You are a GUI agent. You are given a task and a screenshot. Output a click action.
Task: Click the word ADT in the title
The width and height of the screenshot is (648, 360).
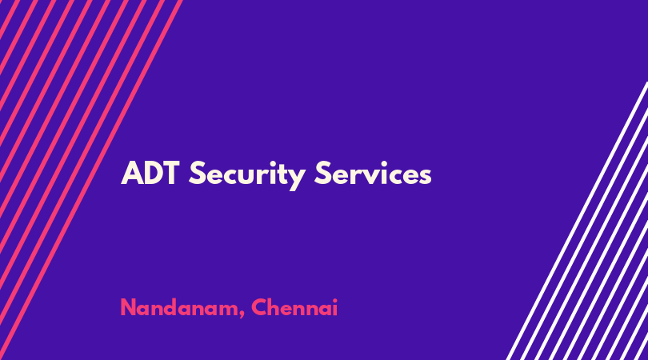pos(150,173)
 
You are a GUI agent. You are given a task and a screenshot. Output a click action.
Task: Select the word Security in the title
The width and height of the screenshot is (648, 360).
pos(247,175)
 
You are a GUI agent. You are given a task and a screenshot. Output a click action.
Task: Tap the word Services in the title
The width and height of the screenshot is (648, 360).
pos(373,173)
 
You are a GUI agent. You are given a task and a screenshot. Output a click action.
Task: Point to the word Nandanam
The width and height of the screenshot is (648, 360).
pos(179,308)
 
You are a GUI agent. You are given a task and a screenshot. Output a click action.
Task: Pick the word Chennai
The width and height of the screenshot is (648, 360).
pos(294,307)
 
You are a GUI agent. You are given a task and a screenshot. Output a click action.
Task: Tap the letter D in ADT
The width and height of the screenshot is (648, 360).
pos(152,173)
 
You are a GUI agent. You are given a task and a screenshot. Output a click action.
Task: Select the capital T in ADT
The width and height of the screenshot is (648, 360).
pos(170,173)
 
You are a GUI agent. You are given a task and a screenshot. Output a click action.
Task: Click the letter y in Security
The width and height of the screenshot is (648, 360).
pos(297,179)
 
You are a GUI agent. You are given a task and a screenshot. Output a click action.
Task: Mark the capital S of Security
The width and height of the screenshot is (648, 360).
pos(197,173)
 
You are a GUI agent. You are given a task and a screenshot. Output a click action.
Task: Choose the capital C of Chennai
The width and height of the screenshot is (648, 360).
pos(260,307)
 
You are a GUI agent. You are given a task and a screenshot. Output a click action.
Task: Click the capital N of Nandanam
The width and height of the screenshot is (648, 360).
pos(128,307)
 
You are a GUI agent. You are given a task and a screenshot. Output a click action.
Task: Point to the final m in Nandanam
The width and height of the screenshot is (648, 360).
pos(227,310)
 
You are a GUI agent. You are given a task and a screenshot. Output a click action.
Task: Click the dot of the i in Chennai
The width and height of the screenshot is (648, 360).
pos(334,300)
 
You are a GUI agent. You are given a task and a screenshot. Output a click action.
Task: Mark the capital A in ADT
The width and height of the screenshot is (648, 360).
pos(131,173)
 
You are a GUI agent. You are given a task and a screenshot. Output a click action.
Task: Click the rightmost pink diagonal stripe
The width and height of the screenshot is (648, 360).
pos(90,180)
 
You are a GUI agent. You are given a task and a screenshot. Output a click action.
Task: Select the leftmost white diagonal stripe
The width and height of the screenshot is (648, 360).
pos(577,221)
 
